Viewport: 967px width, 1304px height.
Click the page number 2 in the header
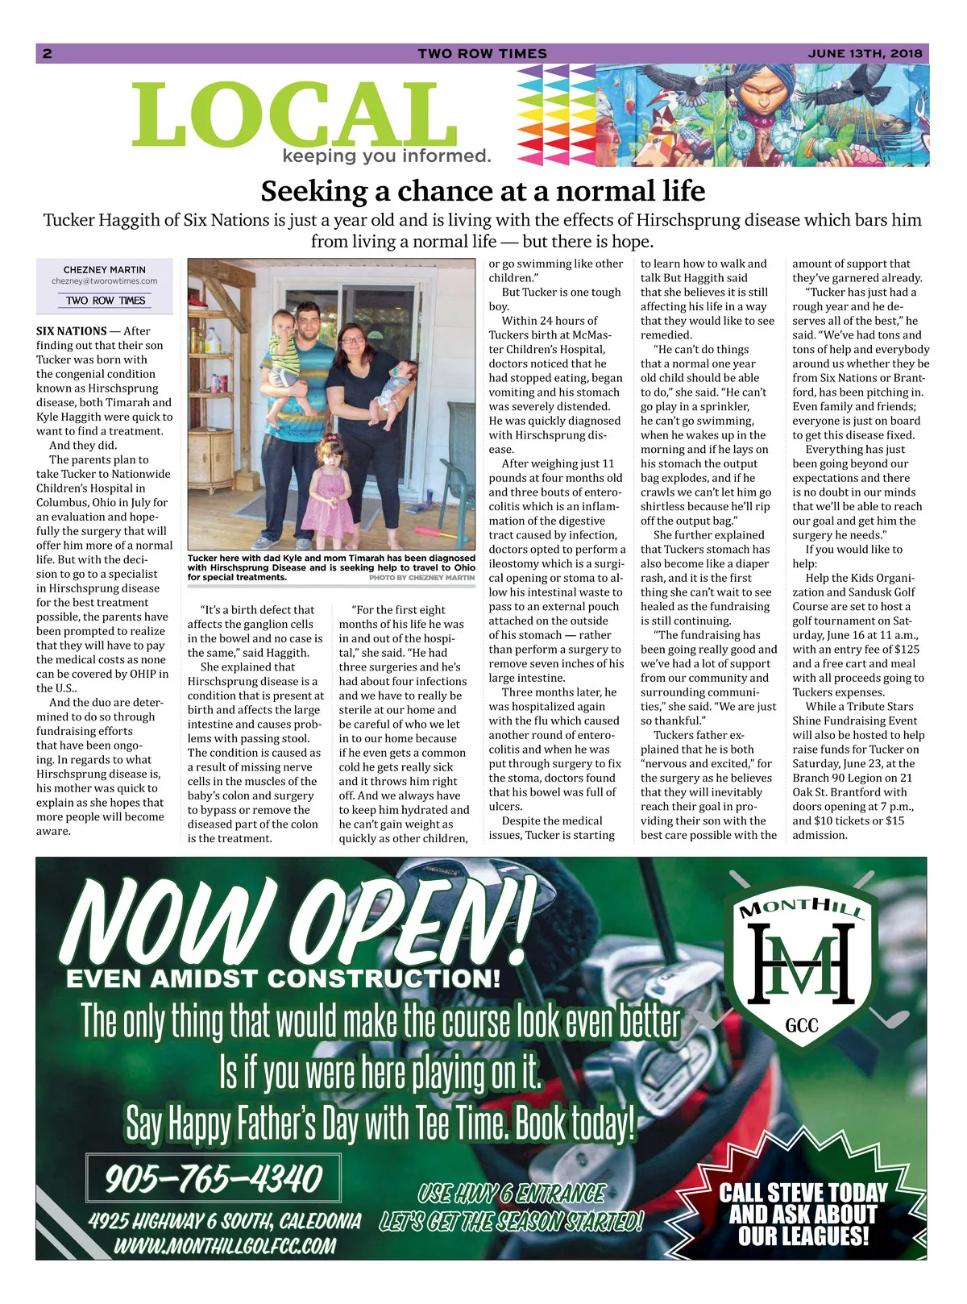point(47,54)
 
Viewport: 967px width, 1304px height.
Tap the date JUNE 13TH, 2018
point(865,54)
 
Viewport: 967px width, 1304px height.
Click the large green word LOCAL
point(294,115)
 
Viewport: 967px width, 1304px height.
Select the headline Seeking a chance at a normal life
point(483,192)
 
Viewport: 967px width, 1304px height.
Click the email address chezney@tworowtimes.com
point(105,281)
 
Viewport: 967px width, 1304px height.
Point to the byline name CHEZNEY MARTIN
point(105,270)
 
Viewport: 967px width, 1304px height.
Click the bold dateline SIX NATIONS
point(72,331)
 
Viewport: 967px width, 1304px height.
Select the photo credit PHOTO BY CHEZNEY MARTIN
point(421,578)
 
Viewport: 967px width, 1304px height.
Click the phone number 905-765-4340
point(214,1178)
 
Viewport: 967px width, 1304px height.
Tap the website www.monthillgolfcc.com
point(225,1246)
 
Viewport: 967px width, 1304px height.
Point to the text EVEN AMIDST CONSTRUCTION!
point(283,979)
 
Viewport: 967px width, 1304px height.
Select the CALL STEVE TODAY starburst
point(803,1214)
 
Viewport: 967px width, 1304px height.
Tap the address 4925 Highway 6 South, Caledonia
point(225,1221)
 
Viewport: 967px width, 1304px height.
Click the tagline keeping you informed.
point(387,156)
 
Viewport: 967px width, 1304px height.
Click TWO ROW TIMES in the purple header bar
point(482,54)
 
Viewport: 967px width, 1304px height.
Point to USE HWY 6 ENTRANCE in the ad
point(512,1193)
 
